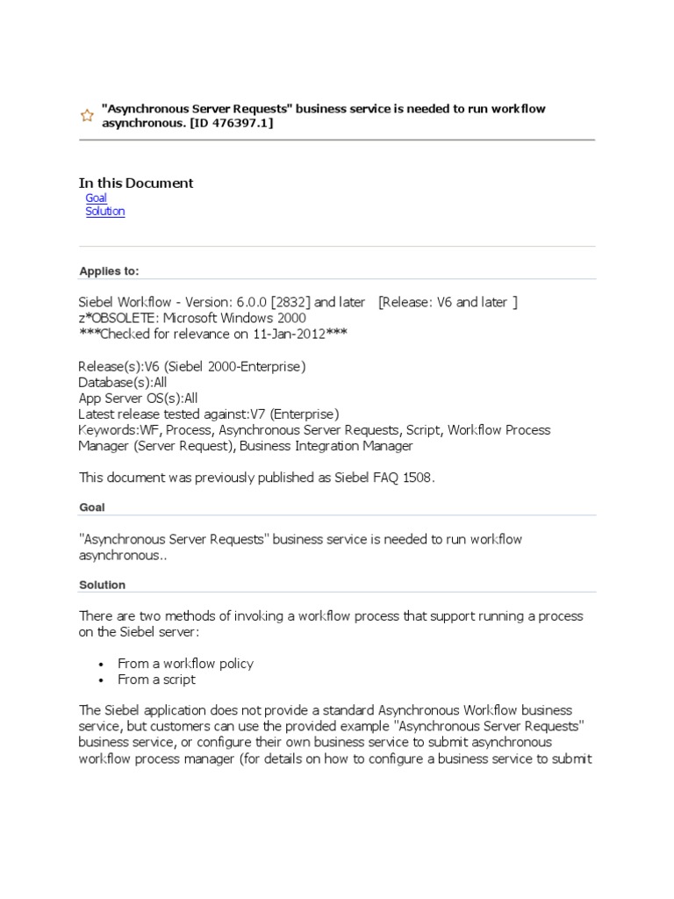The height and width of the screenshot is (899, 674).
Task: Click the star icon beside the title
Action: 87,116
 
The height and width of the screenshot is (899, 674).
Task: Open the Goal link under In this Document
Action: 96,198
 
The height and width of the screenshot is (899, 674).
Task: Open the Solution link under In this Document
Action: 105,212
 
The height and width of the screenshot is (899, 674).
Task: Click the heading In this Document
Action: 136,183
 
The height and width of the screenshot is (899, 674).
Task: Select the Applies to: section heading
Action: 109,271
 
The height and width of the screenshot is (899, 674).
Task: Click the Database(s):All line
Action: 122,382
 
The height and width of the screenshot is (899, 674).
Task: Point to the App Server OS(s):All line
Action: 138,398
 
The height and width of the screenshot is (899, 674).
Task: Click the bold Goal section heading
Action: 92,507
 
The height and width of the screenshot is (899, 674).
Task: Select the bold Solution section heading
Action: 102,585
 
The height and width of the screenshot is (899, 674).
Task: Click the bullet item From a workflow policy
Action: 186,664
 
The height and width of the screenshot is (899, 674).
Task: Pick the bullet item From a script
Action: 157,680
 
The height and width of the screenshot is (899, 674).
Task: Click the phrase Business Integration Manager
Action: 326,446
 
